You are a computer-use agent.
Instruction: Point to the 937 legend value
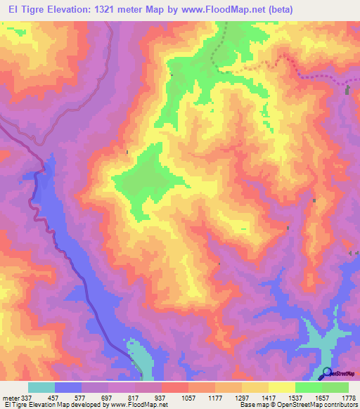161,398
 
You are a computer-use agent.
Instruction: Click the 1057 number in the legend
188,398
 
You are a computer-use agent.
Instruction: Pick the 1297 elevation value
241,398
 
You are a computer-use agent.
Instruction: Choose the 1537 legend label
295,398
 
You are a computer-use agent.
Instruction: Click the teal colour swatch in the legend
41,387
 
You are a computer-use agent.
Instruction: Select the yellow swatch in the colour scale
281,387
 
